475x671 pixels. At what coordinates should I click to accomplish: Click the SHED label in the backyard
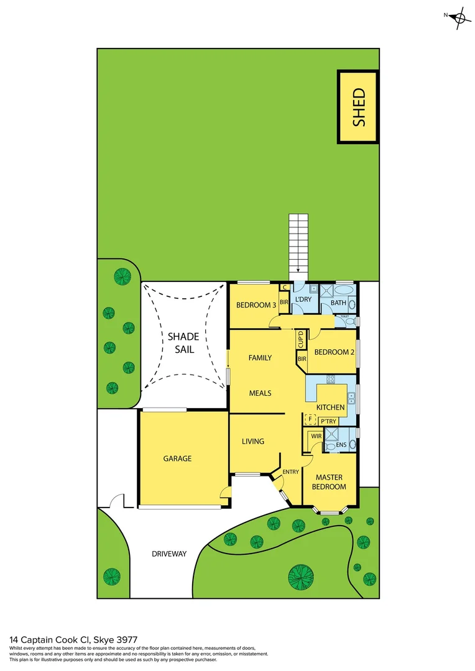coord(359,107)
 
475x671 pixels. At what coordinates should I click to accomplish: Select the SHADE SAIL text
coord(183,343)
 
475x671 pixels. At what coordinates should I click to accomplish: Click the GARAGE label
coord(177,459)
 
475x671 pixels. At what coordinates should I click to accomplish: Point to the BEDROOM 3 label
coord(256,305)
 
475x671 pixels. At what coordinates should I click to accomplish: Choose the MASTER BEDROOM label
coord(329,482)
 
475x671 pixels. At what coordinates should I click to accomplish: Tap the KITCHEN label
coord(330,407)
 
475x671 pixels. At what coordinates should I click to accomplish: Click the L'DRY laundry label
coord(303,299)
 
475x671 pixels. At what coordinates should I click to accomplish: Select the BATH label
coord(338,303)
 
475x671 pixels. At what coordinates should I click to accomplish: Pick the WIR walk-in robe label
coord(316,436)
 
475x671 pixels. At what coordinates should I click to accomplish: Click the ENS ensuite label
coord(341,445)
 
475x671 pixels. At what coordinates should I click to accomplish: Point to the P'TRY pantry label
coord(328,421)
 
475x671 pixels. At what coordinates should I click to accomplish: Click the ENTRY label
coord(290,472)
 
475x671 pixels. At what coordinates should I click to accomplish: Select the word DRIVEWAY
coord(169,553)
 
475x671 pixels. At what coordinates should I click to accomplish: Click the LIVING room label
coord(253,441)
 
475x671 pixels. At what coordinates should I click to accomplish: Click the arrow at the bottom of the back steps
coord(298,271)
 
